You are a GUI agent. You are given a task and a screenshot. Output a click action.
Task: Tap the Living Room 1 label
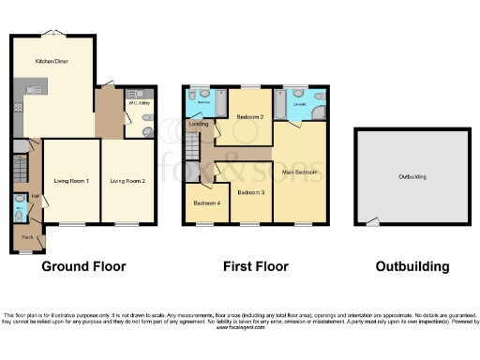click(x=70, y=180)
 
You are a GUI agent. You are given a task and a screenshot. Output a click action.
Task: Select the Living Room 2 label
click(x=127, y=180)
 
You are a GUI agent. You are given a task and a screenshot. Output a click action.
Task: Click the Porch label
click(x=27, y=238)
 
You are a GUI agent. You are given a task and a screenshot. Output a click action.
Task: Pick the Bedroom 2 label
click(x=248, y=117)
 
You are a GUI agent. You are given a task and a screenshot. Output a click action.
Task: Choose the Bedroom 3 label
click(x=250, y=192)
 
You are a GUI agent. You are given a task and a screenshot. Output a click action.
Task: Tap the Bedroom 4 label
click(x=206, y=203)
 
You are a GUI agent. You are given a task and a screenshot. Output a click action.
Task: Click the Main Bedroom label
click(x=301, y=173)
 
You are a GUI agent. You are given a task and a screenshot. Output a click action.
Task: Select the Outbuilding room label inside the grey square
click(x=412, y=176)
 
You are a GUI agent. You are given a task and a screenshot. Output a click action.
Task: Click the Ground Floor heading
click(x=83, y=266)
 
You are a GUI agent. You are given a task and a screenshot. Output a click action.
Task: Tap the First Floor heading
click(x=254, y=266)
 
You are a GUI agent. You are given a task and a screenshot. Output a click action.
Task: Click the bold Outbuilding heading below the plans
click(x=412, y=266)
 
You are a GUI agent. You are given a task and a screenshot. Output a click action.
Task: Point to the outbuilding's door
click(x=373, y=221)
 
